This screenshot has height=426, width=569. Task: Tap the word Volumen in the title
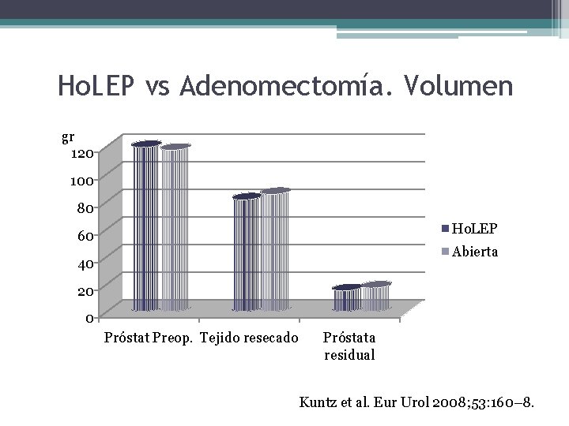[458, 86]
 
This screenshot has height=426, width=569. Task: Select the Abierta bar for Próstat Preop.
[175, 229]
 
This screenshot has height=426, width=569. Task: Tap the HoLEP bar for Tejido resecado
[246, 253]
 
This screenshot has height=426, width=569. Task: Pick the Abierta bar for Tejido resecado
[275, 251]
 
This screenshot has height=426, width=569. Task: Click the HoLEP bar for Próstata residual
[345, 299]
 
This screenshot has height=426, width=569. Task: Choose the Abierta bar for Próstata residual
[375, 297]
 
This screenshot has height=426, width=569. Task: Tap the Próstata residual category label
[350, 346]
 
